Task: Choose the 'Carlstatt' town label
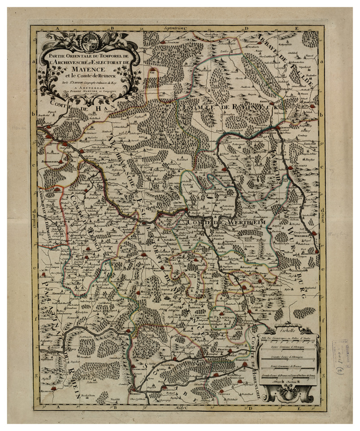pos(304,165)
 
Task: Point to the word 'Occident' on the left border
pos(35,219)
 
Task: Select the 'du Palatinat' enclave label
pos(222,318)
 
